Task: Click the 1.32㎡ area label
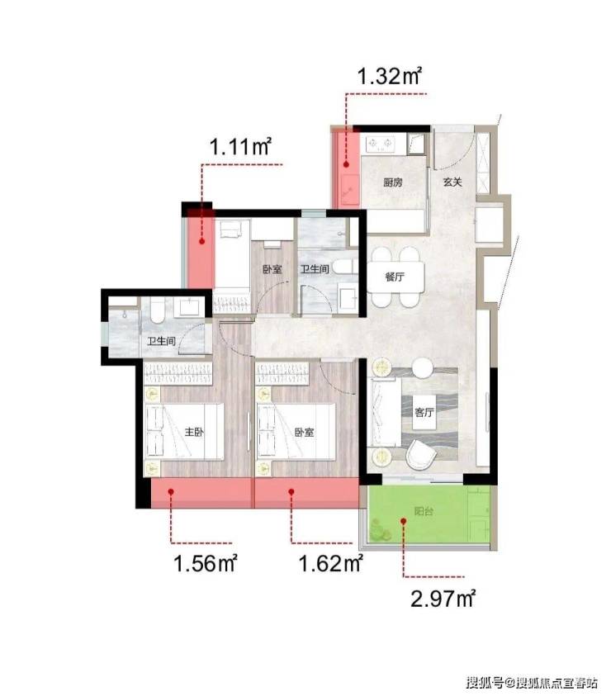390,76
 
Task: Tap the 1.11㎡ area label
240,146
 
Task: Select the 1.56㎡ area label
206,564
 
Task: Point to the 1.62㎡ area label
331,564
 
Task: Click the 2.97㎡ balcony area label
443,599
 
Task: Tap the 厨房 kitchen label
393,182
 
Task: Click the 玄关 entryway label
452,182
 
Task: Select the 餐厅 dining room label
395,277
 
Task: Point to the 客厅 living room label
424,412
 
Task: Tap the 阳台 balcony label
424,511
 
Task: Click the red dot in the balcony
404,521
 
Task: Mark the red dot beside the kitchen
346,164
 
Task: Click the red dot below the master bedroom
171,491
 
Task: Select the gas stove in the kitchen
380,144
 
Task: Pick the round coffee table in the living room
422,368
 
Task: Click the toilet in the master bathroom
157,310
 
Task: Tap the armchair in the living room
420,454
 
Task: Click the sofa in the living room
386,412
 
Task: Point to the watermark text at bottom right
532,682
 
